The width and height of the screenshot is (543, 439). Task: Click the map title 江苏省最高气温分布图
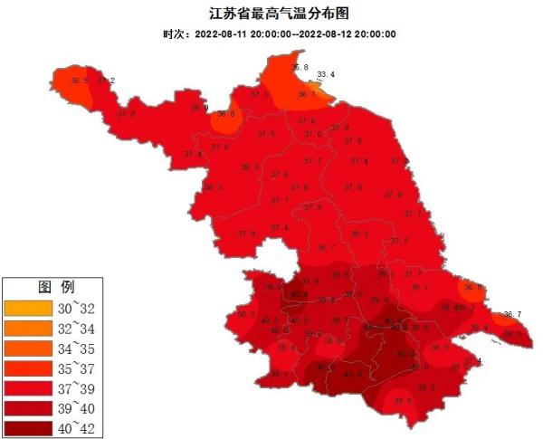[271, 14]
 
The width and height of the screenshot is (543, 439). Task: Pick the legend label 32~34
[73, 327]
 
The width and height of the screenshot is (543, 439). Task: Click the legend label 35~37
[73, 367]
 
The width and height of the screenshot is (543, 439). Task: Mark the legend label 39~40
[73, 406]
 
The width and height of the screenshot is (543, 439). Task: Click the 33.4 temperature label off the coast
[326, 74]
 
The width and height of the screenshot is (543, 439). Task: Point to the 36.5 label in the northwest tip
[80, 81]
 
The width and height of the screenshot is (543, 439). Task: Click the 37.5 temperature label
[266, 134]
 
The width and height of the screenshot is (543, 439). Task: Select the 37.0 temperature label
[280, 174]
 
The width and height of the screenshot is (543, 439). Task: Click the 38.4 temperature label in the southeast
[479, 328]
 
